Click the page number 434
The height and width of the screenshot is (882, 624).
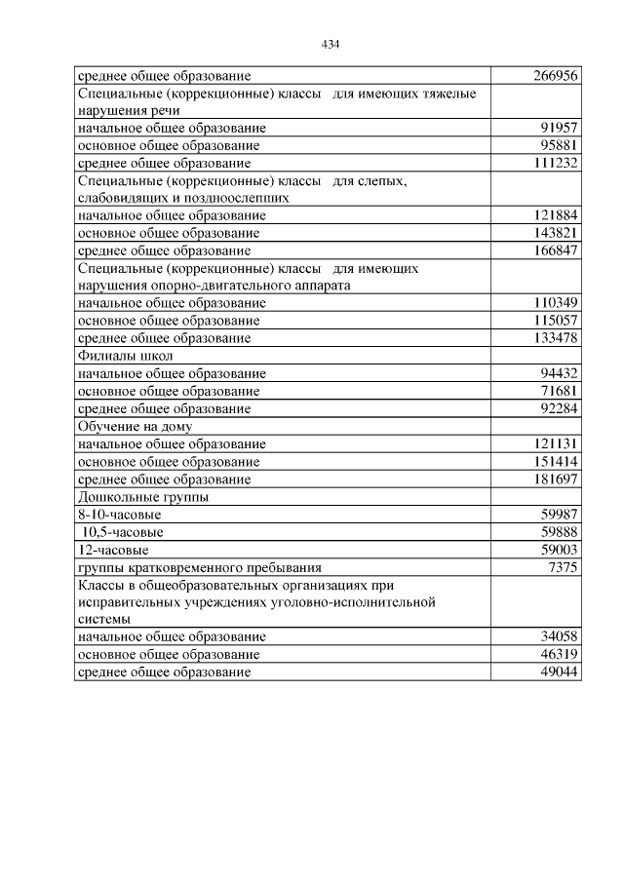coord(330,44)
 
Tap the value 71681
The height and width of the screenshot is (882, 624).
coord(560,391)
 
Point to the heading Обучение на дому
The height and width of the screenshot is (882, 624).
coord(135,426)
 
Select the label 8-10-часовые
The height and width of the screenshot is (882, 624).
coord(119,514)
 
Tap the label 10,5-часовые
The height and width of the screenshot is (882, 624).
coord(123,532)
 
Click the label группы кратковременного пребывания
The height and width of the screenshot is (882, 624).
coord(199,566)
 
